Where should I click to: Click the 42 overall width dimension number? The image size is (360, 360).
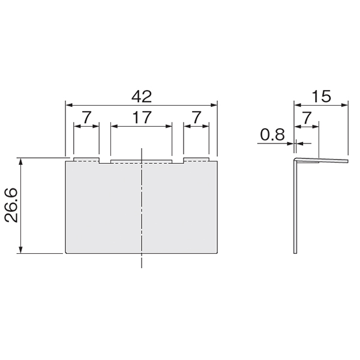pos(142,97)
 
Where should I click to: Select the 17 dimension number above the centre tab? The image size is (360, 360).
pos(142,118)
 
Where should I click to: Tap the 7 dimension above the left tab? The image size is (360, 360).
pos(87,118)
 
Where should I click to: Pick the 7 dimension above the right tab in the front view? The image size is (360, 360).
pos(197,118)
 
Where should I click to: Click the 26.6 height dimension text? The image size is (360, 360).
pos(11,205)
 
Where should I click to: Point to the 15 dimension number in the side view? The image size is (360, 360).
pos(322,97)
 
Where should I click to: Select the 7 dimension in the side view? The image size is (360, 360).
pos(307,118)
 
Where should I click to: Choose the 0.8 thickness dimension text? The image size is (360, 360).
pos(272,134)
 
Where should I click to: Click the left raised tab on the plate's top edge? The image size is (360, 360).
pos(86,160)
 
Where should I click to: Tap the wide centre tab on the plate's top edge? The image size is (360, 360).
pos(141,161)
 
